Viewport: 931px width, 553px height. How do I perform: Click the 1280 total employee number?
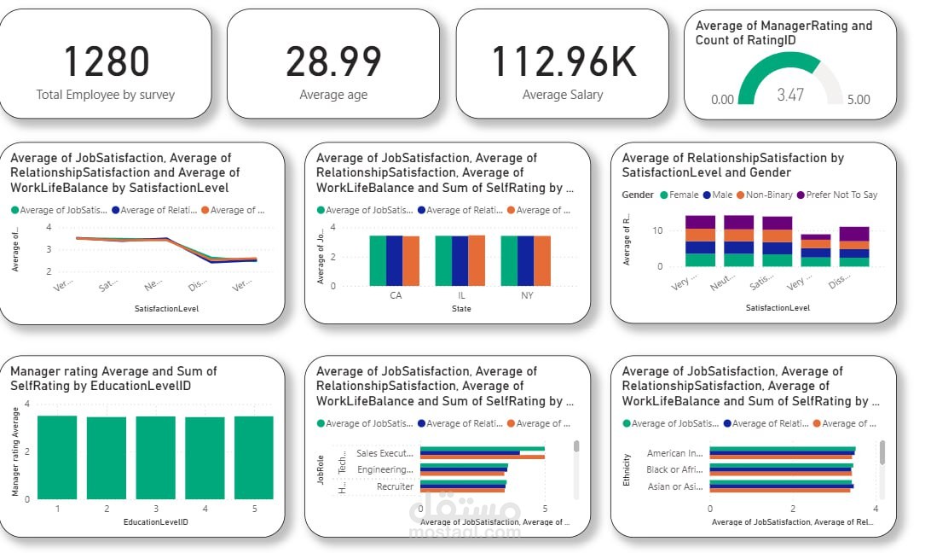[106, 61]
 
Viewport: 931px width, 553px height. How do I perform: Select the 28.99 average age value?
[333, 61]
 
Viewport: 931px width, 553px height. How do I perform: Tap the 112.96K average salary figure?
[563, 61]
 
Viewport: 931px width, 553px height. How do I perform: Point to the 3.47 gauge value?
[789, 95]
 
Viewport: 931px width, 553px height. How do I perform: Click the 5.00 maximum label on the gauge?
[858, 100]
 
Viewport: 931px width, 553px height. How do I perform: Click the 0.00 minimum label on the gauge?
[722, 100]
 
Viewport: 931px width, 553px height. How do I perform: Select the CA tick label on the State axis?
[396, 296]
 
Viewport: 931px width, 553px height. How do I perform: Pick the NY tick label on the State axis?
[527, 296]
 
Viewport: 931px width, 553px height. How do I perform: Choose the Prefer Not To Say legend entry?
[841, 195]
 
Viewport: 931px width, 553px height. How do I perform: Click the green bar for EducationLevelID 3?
[156, 457]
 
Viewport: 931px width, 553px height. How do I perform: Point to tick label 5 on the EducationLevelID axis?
[254, 509]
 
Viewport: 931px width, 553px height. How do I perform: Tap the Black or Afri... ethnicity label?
[674, 469]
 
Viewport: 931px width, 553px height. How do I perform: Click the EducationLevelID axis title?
[156, 521]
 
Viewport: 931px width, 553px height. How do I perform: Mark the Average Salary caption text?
[563, 95]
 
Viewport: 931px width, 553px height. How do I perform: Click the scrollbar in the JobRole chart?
[576, 445]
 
